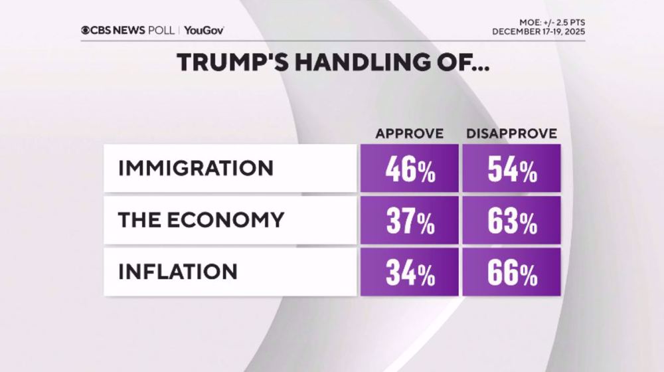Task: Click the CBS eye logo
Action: (86, 30)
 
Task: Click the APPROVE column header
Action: (409, 134)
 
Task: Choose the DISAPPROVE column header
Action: (511, 134)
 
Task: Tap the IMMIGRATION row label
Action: (196, 168)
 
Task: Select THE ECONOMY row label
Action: (201, 220)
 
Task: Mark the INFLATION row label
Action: (177, 271)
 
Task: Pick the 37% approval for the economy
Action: (410, 221)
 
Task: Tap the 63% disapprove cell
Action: (511, 221)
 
